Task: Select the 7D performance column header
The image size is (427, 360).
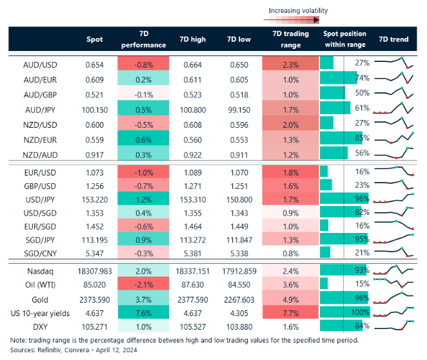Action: [143, 39]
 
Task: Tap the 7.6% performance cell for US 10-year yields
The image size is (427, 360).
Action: [143, 314]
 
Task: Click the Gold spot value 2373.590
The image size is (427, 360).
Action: [94, 299]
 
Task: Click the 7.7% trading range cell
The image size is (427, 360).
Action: [290, 314]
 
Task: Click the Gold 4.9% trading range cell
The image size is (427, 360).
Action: [290, 299]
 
